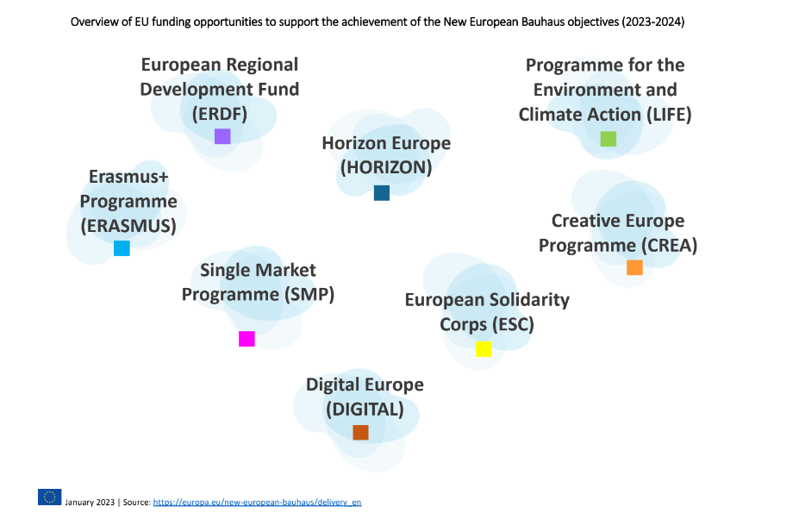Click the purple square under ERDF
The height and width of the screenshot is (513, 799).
[222, 136]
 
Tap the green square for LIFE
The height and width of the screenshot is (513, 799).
[609, 139]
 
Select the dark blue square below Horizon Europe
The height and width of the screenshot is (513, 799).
[382, 193]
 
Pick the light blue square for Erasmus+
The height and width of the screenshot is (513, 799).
[122, 248]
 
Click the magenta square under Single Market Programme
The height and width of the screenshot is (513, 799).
[247, 339]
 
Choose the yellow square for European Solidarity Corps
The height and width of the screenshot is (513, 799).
[484, 348]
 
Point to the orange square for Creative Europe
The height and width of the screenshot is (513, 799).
[634, 267]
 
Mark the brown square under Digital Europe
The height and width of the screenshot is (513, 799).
[360, 432]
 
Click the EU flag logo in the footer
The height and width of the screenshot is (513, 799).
[49, 497]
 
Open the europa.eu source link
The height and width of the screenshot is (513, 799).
[257, 502]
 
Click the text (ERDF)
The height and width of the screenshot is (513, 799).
[220, 113]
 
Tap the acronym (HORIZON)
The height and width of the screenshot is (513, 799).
[386, 168]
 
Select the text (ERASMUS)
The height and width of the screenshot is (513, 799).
[128, 226]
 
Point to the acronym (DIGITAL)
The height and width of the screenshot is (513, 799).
[365, 409]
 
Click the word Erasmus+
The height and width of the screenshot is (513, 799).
[129, 178]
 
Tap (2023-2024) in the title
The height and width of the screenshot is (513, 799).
[652, 22]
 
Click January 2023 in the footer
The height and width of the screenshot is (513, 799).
[90, 502]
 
